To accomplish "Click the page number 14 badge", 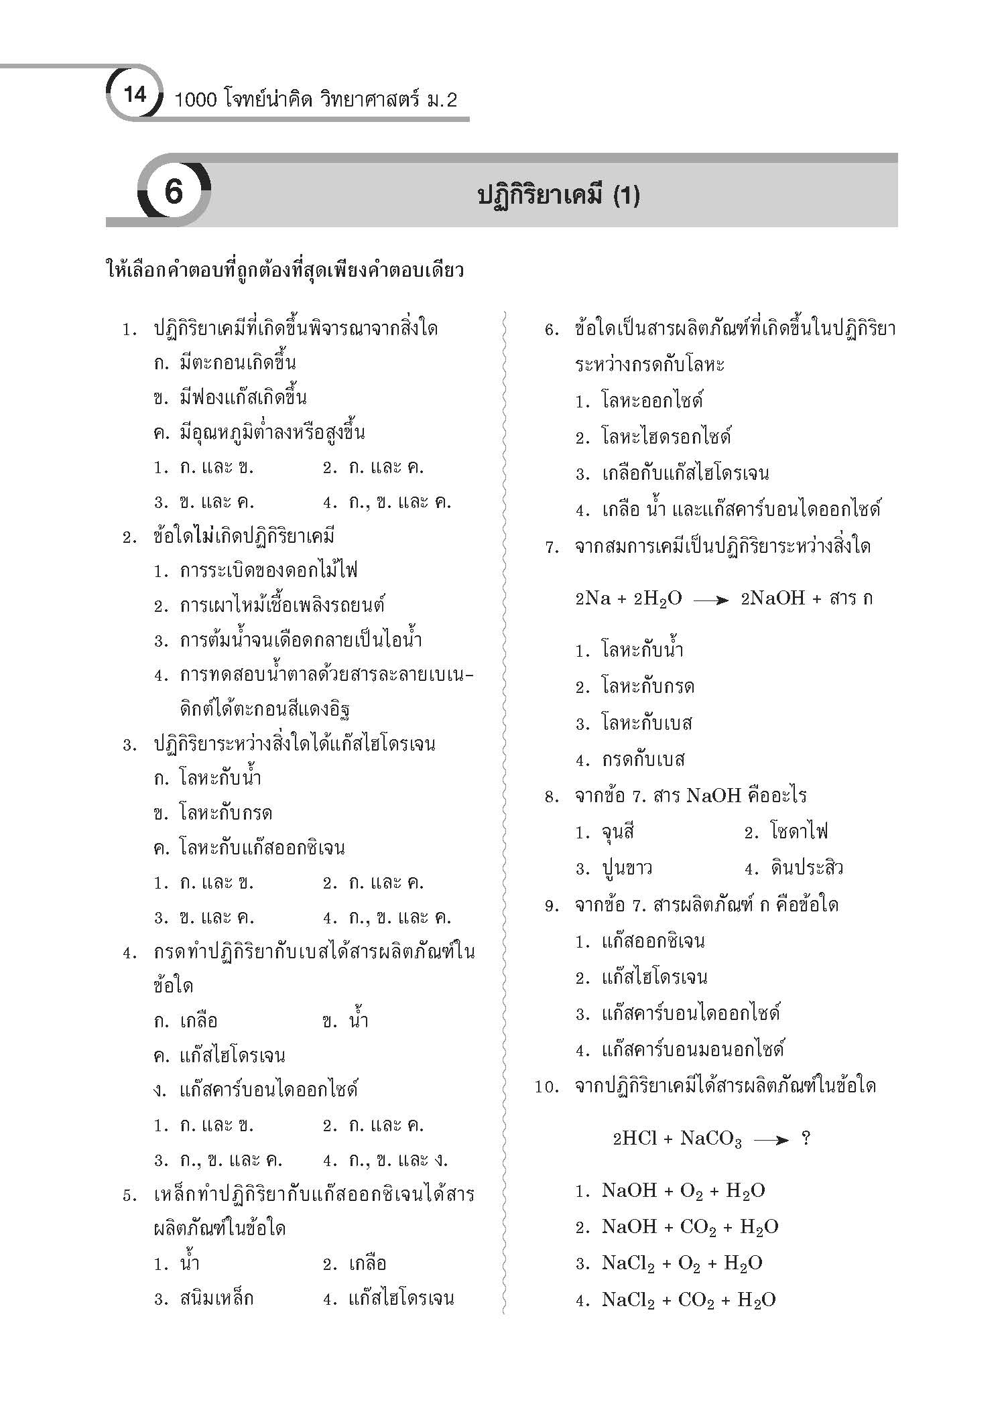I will [135, 94].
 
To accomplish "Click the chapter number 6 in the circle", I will [173, 192].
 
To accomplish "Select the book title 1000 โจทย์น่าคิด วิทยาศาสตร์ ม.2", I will [315, 101].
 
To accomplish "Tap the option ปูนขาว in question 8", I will [627, 869].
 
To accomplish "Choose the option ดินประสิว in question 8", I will [807, 869].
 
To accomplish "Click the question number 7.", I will [552, 548].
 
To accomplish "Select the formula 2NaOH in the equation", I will [772, 598].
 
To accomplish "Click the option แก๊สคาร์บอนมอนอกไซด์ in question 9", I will [692, 1049].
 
